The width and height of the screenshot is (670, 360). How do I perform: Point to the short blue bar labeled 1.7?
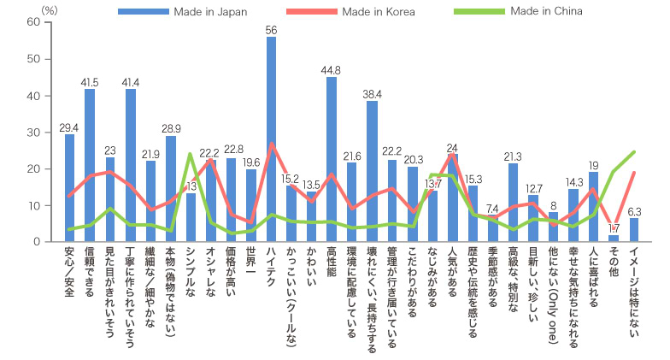pyautogui.click(x=614, y=239)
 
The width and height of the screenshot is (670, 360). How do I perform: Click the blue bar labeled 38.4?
pyautogui.click(x=373, y=171)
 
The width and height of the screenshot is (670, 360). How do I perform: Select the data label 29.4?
pyautogui.click(x=69, y=127)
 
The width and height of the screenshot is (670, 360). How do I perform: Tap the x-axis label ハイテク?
pyautogui.click(x=271, y=266)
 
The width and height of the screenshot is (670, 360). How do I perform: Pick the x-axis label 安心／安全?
pyautogui.click(x=69, y=273)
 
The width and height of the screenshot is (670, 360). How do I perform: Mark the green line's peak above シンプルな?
pyautogui.click(x=191, y=154)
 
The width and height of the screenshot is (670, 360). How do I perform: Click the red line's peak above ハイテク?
pyautogui.click(x=271, y=144)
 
